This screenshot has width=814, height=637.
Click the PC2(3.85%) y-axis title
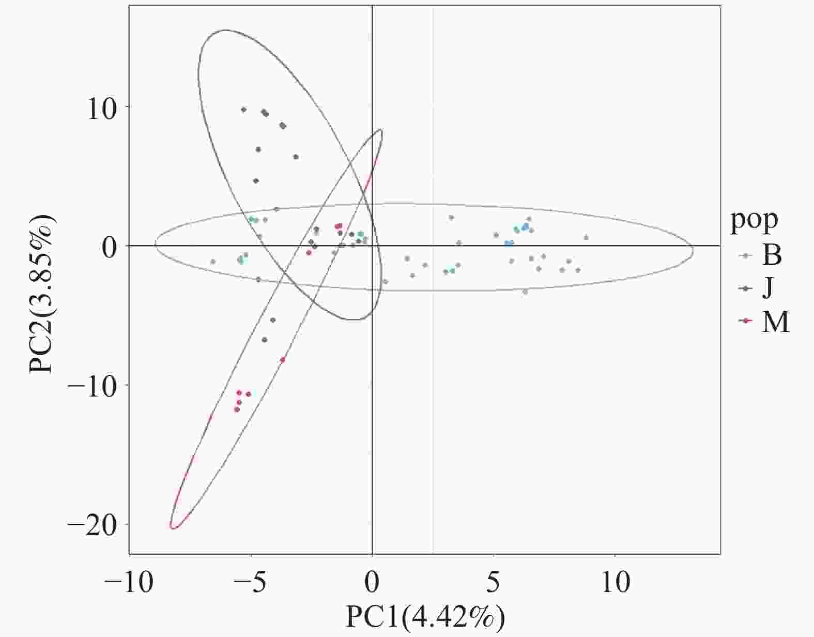(x=42, y=294)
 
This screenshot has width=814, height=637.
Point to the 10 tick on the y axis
(x=101, y=108)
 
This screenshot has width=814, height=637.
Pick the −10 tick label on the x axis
(x=129, y=583)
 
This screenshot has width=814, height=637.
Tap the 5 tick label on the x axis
(x=494, y=583)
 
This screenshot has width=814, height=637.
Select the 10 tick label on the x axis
(x=615, y=583)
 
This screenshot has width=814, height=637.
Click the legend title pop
(x=754, y=220)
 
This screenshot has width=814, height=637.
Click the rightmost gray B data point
(x=586, y=237)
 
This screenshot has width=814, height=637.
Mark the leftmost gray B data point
(x=213, y=262)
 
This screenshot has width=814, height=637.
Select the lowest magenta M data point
(x=237, y=410)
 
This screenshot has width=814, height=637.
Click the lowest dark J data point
(x=265, y=340)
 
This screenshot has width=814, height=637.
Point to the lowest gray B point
(x=525, y=292)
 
